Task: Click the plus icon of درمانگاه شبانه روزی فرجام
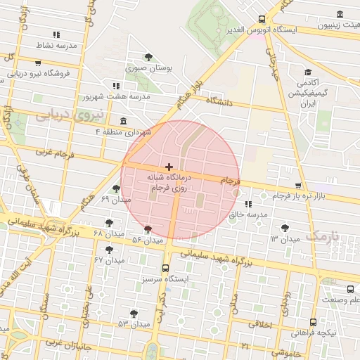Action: click(x=169, y=166)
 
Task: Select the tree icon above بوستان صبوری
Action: click(x=147, y=57)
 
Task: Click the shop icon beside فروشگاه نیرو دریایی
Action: click(x=37, y=63)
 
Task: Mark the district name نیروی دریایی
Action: click(x=69, y=113)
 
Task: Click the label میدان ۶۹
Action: click(x=115, y=200)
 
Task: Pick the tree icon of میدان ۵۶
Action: click(x=148, y=229)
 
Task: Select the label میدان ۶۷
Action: click(x=108, y=260)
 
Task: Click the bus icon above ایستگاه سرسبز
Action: click(x=166, y=268)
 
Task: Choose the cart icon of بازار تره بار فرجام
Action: click(x=299, y=186)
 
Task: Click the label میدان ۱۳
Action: click(x=285, y=239)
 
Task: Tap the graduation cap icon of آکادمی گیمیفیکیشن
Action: click(x=307, y=72)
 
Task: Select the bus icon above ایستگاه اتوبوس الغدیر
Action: click(x=262, y=19)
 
